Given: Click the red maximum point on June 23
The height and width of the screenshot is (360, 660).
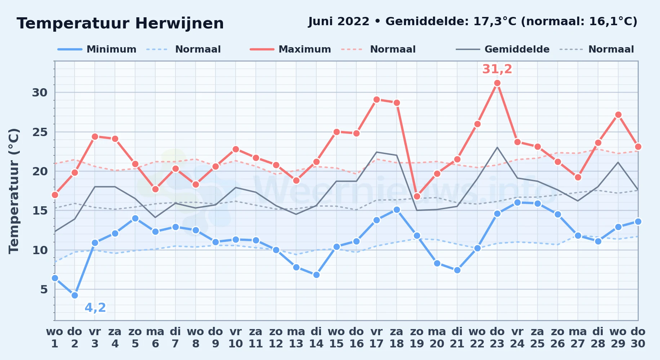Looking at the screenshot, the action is (x=497, y=83).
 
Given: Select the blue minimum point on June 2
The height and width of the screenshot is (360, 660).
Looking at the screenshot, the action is (x=75, y=295).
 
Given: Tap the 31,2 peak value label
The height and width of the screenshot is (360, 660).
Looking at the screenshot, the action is (x=497, y=69).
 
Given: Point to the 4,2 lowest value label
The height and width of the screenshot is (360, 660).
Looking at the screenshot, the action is (x=95, y=308).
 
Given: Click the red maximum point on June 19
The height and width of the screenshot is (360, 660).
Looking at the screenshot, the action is (x=417, y=196).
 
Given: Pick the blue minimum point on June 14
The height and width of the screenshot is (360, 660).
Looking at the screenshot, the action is (x=316, y=275).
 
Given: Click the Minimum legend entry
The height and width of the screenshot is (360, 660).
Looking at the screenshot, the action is (x=97, y=49).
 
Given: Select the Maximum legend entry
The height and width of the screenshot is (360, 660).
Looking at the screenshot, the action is (x=290, y=49).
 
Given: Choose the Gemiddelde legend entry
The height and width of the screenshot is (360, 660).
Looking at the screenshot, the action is (x=503, y=49).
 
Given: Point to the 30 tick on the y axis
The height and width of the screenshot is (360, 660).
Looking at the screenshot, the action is (x=40, y=93).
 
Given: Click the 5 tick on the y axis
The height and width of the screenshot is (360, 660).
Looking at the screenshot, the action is (x=44, y=289).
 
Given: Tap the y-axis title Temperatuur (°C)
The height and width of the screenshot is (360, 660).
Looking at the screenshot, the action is (x=14, y=191).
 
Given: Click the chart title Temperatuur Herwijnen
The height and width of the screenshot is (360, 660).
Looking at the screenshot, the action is (x=120, y=23).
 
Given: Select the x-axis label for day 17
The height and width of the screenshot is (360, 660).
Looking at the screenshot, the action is (x=376, y=338).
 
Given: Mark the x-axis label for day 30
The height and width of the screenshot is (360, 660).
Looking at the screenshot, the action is (x=638, y=338).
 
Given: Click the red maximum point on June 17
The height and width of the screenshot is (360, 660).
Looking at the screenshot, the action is (x=376, y=99).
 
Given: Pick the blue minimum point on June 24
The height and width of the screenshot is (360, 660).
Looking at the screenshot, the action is (x=517, y=202).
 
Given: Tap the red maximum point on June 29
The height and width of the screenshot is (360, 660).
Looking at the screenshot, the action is (x=618, y=115).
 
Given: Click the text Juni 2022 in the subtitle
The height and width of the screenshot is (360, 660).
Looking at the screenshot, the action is (x=339, y=22).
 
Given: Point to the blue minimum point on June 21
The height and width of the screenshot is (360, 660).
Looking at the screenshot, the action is (x=457, y=270).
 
